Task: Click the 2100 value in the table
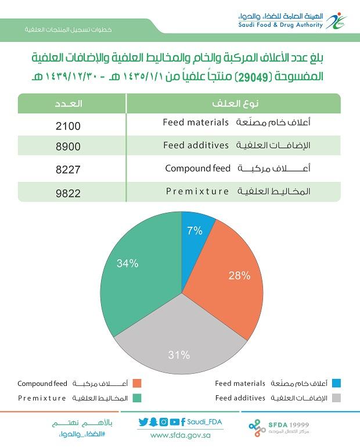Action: coord(68,126)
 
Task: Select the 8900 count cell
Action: coord(68,146)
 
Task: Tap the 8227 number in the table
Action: coord(68,170)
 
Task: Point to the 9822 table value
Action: coord(68,194)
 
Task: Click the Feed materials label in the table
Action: coord(196,122)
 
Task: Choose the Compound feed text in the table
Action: coord(197,168)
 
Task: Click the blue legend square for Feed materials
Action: coord(336,383)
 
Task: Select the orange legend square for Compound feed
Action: coord(137,383)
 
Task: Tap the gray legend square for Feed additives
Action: coord(336,398)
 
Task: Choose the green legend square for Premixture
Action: coord(137,398)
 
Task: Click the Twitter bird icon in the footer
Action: coord(143,422)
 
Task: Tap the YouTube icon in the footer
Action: coord(174,422)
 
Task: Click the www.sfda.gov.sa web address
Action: coord(181,435)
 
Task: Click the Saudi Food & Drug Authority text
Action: coord(280,25)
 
